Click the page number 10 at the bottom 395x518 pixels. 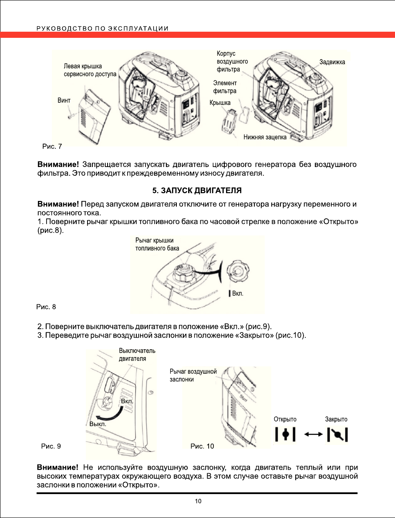click(x=198, y=501)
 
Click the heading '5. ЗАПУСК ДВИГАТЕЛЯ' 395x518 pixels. click(x=197, y=190)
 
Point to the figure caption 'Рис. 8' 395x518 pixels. click(x=46, y=307)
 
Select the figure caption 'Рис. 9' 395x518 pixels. click(x=51, y=446)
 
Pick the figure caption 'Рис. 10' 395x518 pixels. click(x=203, y=446)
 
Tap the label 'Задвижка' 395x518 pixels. click(x=332, y=62)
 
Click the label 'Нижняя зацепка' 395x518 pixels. click(x=264, y=137)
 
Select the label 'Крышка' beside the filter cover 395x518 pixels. click(x=220, y=103)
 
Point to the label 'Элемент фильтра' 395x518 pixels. click(x=225, y=87)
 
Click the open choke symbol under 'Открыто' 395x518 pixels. click(x=285, y=434)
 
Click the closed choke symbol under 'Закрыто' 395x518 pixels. click(x=337, y=434)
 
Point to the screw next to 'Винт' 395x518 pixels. click(x=71, y=115)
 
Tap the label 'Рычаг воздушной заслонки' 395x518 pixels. click(x=193, y=375)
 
